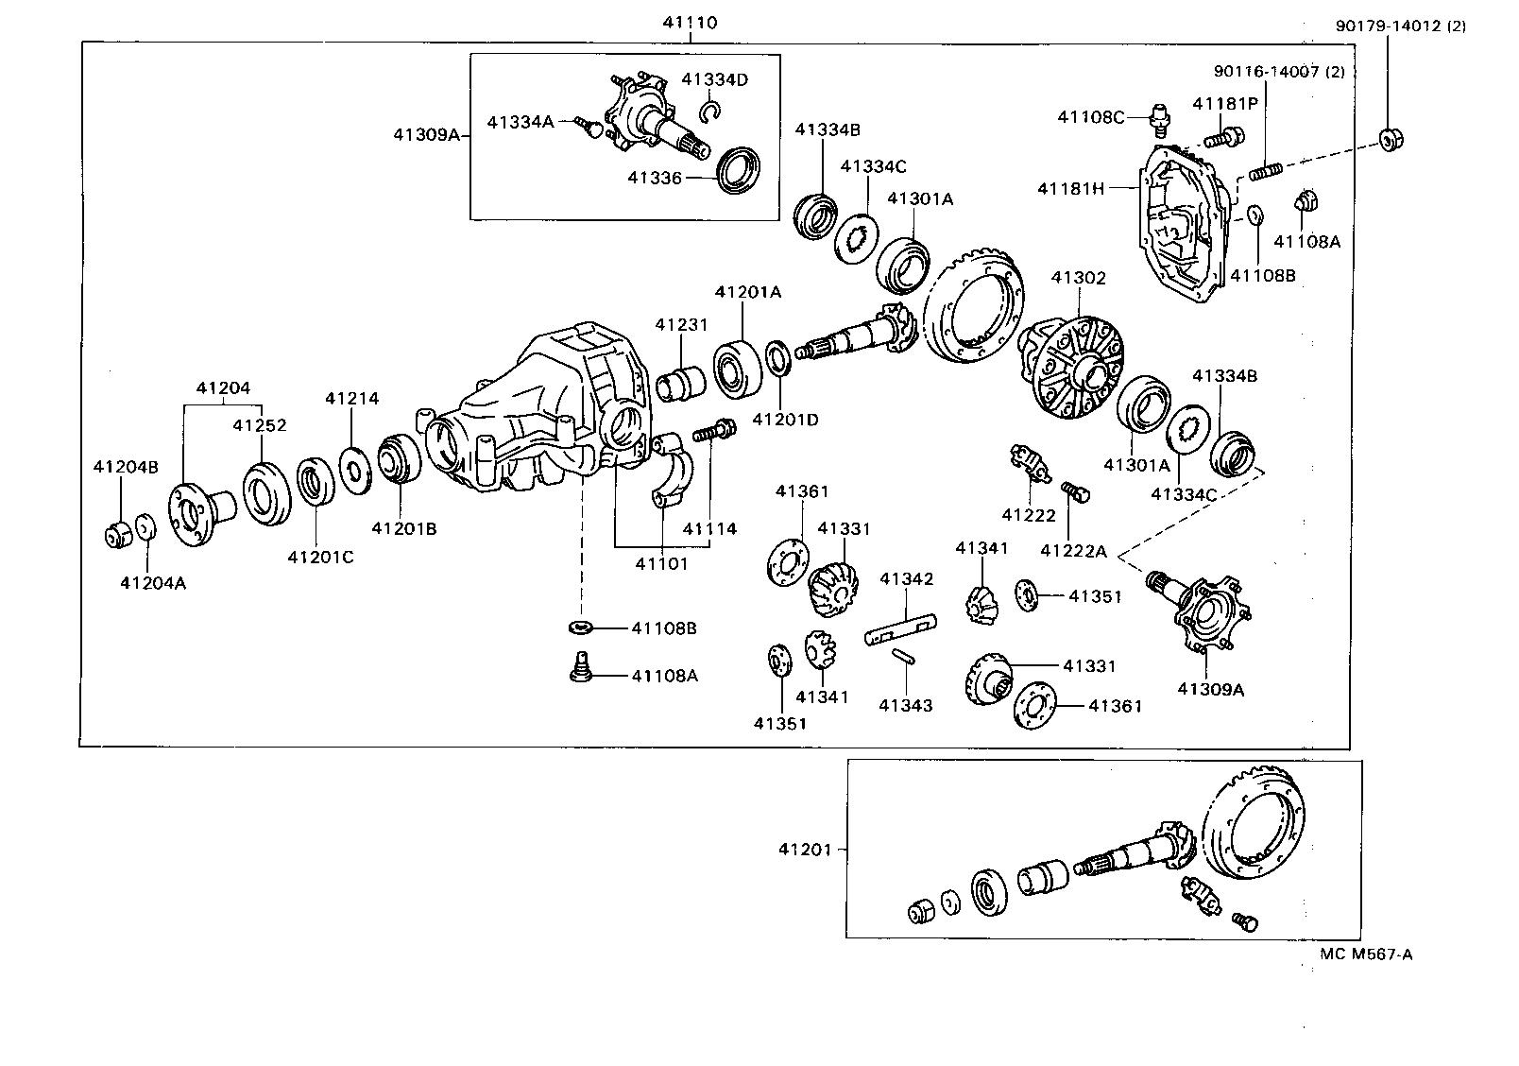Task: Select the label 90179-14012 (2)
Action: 1400,26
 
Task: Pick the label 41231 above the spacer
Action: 681,324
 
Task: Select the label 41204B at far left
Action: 126,466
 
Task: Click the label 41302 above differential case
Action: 1078,278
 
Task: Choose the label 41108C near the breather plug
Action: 1090,117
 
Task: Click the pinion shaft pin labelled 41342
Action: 900,630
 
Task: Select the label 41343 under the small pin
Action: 905,705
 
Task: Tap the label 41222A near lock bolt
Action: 1073,551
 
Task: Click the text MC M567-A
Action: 1366,954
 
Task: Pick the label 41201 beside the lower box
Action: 805,850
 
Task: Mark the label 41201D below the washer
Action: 785,419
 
